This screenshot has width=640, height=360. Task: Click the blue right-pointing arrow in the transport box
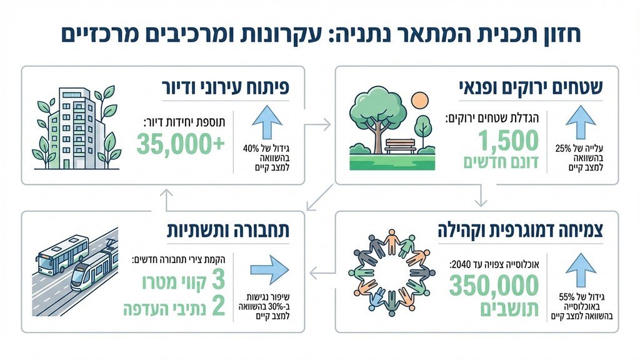tap(269, 269)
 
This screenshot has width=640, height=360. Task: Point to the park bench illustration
tap(400, 146)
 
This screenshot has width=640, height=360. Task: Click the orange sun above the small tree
tap(419, 100)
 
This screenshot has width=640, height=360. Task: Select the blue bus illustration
tap(62, 252)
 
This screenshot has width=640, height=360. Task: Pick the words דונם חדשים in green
tap(501, 163)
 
